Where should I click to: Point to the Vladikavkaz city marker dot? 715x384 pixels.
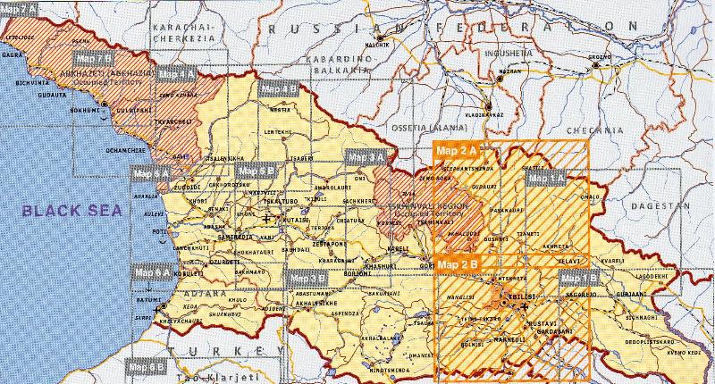498,105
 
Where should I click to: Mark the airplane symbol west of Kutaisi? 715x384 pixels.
266,218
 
